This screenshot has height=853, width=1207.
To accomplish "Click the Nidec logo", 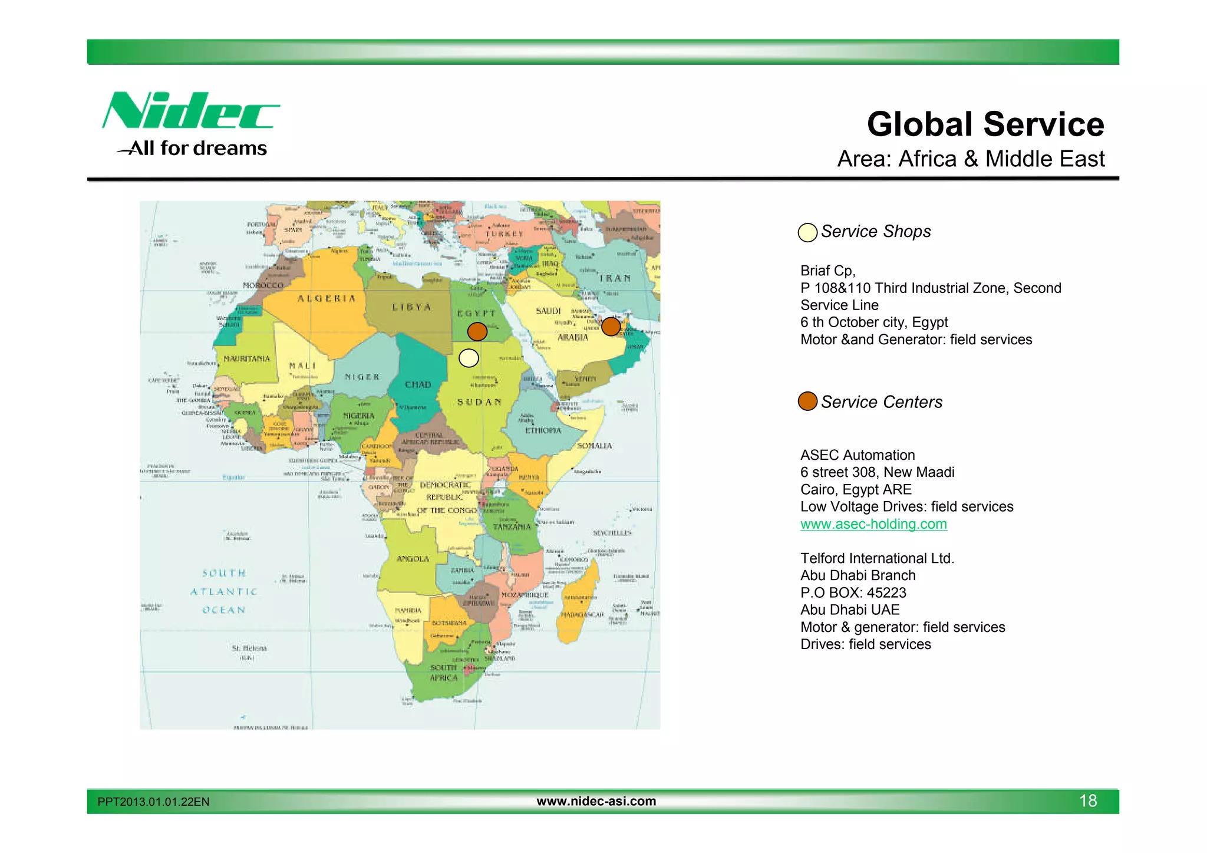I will [x=190, y=111].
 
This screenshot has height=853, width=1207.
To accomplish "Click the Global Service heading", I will [x=985, y=124].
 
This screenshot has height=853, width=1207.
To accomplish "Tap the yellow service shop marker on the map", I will [x=469, y=358].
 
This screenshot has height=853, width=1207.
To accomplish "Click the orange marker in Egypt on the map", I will [x=477, y=331].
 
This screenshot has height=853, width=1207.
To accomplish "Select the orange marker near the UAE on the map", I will [x=611, y=326].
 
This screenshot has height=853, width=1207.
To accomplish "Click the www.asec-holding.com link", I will [x=873, y=524].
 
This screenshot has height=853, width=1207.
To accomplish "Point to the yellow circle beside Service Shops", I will [x=807, y=232].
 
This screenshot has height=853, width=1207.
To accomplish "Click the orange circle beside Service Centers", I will [x=807, y=401].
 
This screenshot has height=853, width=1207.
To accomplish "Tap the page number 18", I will [x=1087, y=801].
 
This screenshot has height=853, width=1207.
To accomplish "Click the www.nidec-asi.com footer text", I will [x=596, y=801].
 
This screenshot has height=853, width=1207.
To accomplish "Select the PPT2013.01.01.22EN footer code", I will [x=153, y=802].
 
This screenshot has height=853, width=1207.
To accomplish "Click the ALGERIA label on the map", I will [x=327, y=298].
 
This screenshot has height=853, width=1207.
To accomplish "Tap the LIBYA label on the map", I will [x=412, y=307].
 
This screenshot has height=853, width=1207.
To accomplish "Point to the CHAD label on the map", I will [x=418, y=384].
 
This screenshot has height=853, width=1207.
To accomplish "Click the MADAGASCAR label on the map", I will [x=582, y=614].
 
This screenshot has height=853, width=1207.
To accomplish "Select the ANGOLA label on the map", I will [x=413, y=558].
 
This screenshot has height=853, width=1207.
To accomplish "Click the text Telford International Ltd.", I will [x=876, y=558].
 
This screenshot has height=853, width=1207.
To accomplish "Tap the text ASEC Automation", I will [x=857, y=455].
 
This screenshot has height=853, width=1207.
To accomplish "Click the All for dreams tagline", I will [x=197, y=148].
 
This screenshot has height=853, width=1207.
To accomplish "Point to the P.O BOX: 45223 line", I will [x=853, y=592].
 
